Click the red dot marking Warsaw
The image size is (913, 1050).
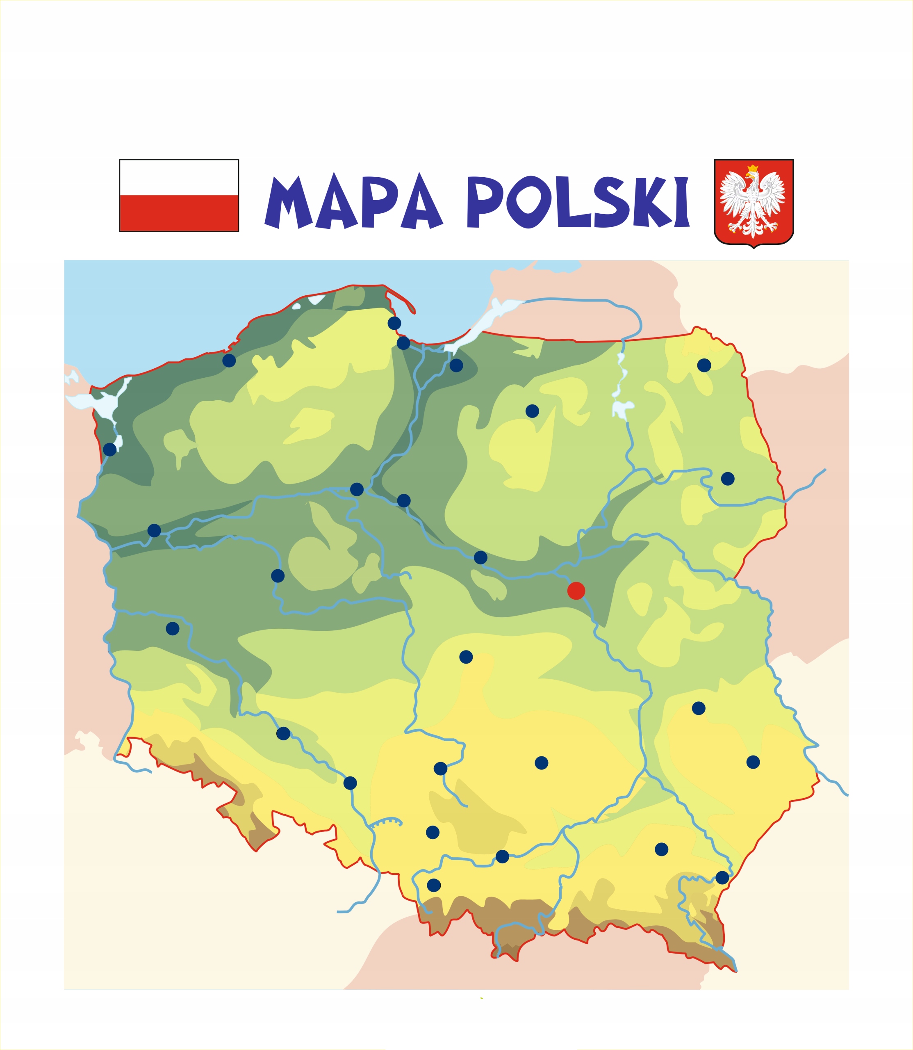coord(576,591)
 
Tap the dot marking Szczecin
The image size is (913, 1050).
coord(109,449)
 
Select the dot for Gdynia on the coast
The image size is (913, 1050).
coord(394,323)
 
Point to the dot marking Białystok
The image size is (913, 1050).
coord(728,479)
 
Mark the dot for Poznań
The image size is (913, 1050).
coord(278,576)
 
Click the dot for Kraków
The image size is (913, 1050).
coord(502,856)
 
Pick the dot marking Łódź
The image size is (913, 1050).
coord(466,657)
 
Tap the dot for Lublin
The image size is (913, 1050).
coord(699,708)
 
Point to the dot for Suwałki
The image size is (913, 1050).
coord(704,365)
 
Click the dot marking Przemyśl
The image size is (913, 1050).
coord(722,877)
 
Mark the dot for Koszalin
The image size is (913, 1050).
coord(229,361)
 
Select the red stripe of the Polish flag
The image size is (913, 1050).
coord(179,213)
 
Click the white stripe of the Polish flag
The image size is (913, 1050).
coord(179,177)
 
